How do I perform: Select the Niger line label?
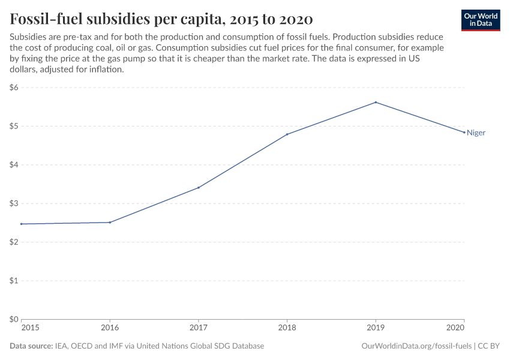tap(476, 133)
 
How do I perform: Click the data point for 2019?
tap(376, 102)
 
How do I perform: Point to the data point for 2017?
tap(199, 188)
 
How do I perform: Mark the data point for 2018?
tap(287, 134)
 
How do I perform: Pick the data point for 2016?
tap(110, 223)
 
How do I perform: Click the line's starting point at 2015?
tap(22, 224)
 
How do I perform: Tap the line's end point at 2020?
tap(464, 132)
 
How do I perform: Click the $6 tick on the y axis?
tap(14, 88)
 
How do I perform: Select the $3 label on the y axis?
tap(14, 203)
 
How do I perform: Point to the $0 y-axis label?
tap(14, 319)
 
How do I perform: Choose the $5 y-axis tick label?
tap(14, 126)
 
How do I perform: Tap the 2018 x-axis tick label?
tap(287, 328)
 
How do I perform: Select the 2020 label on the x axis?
tap(456, 328)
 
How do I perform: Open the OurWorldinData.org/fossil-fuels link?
tap(417, 346)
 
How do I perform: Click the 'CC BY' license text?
tap(489, 346)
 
